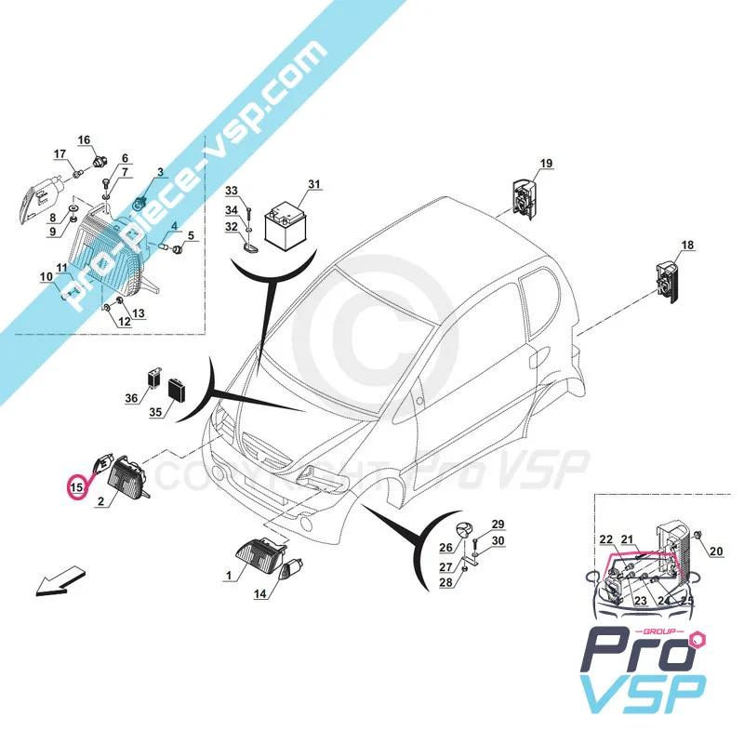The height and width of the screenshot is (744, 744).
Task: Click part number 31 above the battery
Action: (313, 184)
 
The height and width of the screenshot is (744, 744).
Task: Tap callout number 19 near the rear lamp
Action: (546, 164)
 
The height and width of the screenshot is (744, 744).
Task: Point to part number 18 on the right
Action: (687, 246)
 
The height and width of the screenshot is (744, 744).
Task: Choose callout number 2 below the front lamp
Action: (100, 501)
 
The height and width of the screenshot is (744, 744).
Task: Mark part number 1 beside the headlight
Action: (228, 576)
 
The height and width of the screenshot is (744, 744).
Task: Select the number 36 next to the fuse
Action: (132, 398)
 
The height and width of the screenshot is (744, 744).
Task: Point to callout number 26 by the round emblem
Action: (445, 548)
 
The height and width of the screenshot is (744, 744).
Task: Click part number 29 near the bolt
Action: (498, 524)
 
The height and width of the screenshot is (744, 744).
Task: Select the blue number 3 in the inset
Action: (159, 173)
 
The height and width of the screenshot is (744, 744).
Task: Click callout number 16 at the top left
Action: (84, 140)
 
